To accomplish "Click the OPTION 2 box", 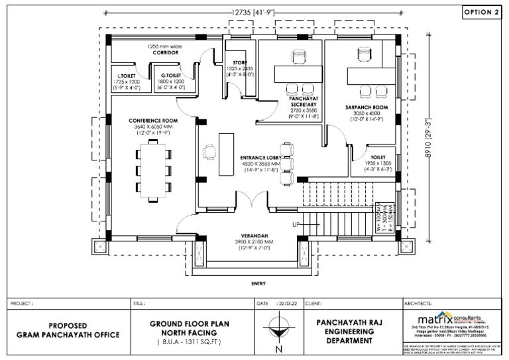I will (x=481, y=12).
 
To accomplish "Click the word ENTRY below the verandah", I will (x=259, y=284).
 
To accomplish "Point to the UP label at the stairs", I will (x=296, y=225).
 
